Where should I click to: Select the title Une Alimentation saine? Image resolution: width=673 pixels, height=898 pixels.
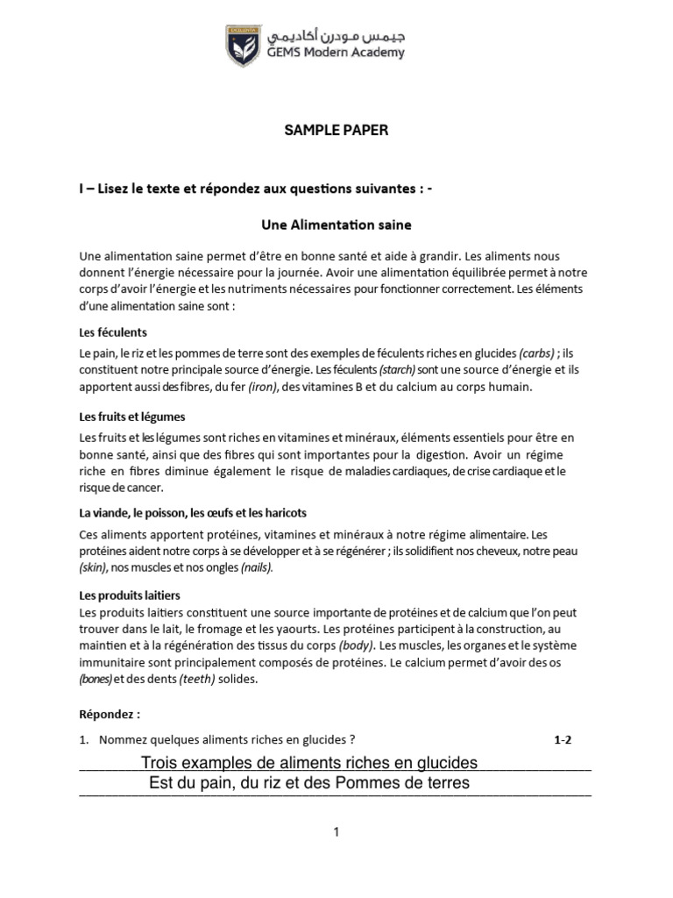click(336, 225)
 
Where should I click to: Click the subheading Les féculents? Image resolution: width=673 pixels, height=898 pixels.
click(113, 332)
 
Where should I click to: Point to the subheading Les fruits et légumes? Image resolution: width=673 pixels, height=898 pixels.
click(131, 417)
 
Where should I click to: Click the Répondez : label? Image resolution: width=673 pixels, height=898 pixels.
click(110, 715)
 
